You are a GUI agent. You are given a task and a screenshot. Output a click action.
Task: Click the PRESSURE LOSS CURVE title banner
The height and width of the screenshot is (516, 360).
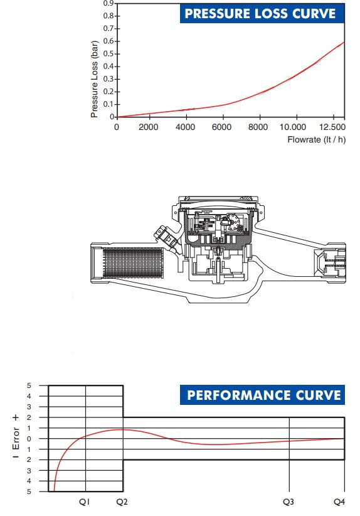coord(262,13)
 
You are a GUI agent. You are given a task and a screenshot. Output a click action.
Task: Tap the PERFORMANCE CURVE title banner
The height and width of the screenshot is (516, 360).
coord(262,395)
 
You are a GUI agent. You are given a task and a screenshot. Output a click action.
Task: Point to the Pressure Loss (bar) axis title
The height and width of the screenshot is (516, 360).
coord(94,79)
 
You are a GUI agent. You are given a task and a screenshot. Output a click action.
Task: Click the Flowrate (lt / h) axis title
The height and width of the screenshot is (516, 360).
coord(316,139)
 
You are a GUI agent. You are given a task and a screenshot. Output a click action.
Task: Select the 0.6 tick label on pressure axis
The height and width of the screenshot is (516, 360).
coord(109,41)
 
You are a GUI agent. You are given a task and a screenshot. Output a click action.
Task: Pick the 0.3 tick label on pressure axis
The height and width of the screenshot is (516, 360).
coord(109,79)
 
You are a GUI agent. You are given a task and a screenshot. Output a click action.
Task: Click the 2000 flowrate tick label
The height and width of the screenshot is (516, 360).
coord(148,127)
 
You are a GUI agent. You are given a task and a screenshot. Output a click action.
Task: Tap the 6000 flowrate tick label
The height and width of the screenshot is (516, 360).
coord(221,127)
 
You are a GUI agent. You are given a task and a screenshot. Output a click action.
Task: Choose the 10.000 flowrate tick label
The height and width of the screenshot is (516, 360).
coord(293,127)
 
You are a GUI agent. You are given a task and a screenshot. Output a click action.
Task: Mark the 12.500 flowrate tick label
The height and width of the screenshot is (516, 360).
coord(332,127)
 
